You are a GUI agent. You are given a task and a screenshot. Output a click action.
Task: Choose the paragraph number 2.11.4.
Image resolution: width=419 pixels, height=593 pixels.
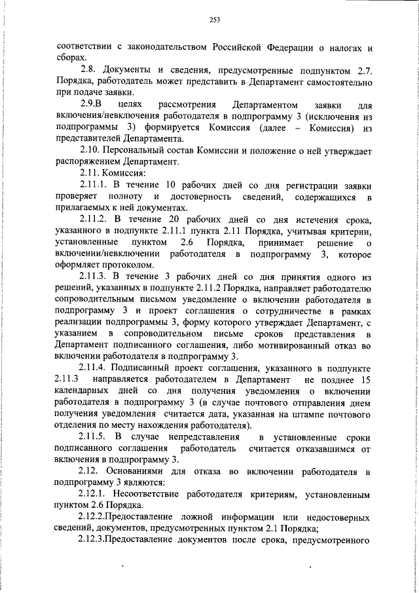[95, 368]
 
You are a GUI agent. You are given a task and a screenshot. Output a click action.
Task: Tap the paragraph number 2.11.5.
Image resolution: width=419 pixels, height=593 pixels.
[95, 437]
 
